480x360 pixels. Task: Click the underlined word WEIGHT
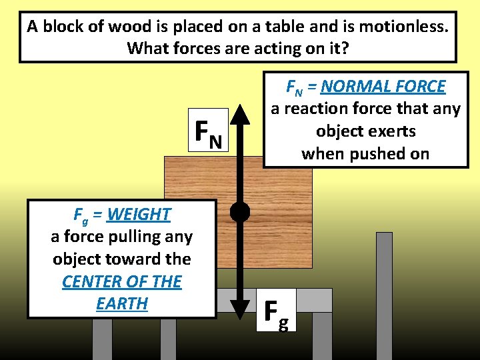[x=139, y=214]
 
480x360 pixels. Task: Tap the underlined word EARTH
[x=122, y=303]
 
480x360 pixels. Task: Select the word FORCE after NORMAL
[x=420, y=86]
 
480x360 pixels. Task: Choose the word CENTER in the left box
[x=89, y=281]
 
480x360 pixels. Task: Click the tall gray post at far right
[x=384, y=293]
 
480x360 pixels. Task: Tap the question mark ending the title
[x=346, y=49]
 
